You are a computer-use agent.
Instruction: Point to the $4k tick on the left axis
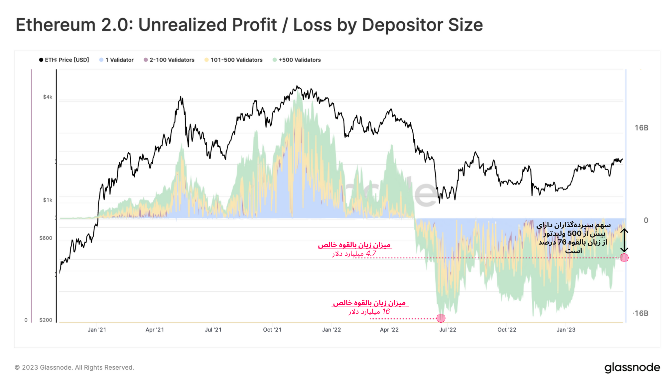point(48,97)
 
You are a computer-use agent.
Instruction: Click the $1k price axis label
point(48,200)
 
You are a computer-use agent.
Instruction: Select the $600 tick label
point(46,238)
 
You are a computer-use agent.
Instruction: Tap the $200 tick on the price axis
point(46,320)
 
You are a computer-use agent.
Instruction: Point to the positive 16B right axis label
point(641,128)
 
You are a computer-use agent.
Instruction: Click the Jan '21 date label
point(97,330)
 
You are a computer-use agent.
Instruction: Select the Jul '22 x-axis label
point(448,330)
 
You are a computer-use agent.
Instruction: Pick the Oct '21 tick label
point(272,330)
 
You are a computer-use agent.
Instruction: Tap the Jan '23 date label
point(566,330)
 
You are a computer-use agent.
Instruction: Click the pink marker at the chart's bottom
point(441,318)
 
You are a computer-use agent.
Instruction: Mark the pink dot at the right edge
point(624,258)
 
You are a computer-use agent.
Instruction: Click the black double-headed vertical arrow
point(624,240)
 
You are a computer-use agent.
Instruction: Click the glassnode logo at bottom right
point(632,367)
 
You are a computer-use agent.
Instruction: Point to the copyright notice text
point(74,367)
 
